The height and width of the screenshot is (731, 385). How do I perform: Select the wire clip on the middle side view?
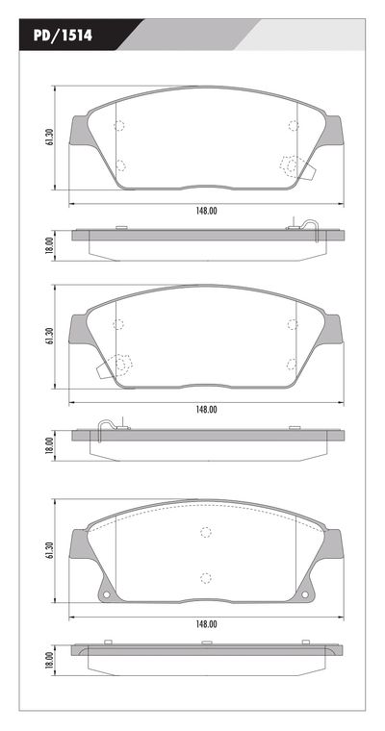pyautogui.click(x=109, y=424)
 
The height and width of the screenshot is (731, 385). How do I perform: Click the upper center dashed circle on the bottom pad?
pyautogui.click(x=205, y=533)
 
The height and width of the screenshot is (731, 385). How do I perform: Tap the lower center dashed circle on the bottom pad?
pyautogui.click(x=205, y=577)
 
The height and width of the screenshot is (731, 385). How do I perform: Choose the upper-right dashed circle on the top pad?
pyautogui.click(x=294, y=125)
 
